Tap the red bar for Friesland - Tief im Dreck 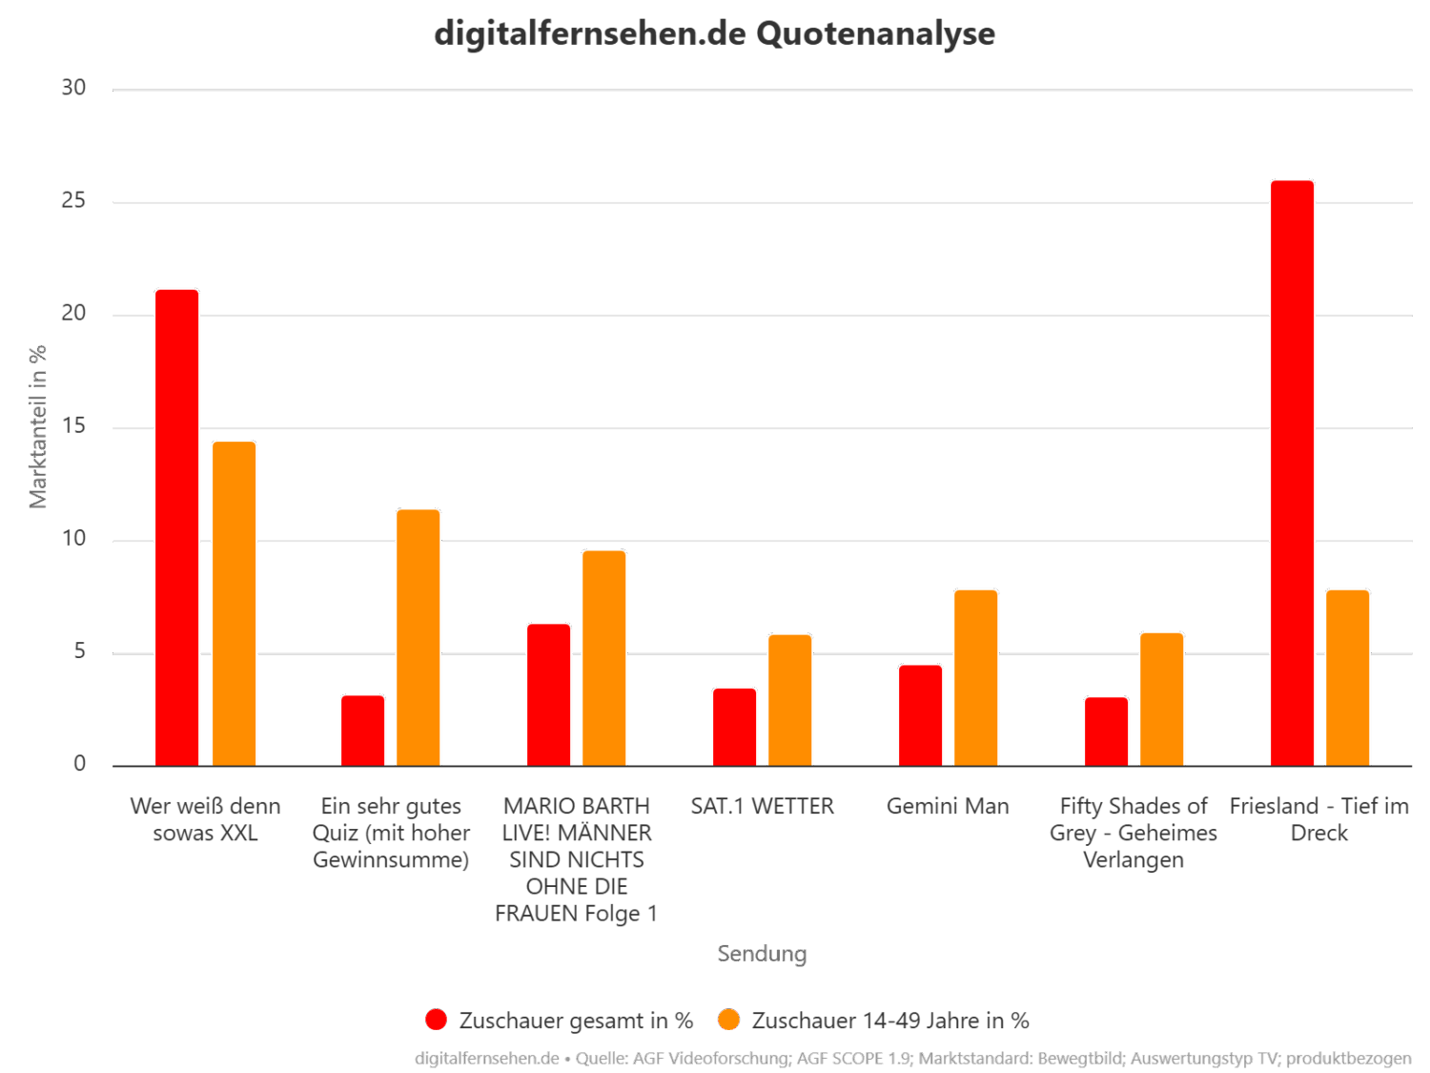coord(1292,472)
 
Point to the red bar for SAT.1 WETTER coord(734,726)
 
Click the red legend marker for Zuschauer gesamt coord(436,1020)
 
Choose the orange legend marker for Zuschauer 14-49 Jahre coord(729,1020)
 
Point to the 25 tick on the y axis coord(73,201)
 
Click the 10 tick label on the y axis coord(73,540)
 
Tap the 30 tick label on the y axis coord(73,88)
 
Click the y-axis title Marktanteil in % coord(38,426)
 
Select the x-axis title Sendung coord(762,953)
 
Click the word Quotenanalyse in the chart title coord(875,33)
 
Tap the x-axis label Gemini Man coord(948,807)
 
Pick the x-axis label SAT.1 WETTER coord(762,807)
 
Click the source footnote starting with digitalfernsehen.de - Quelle coord(912,1058)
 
